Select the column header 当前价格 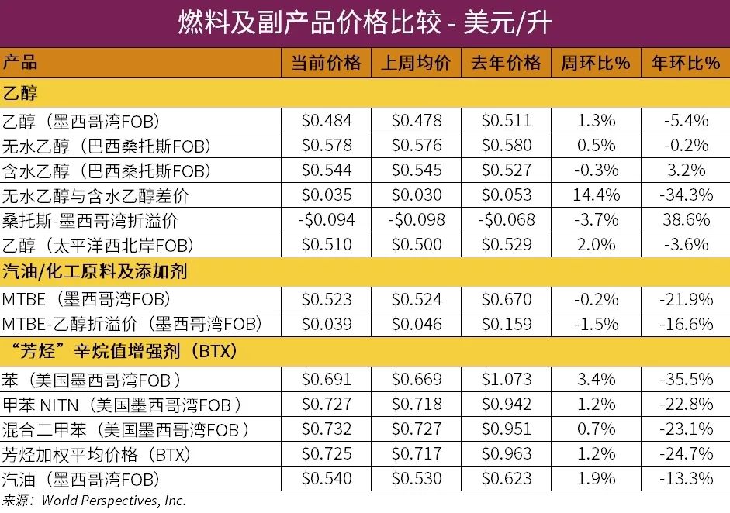point(326,63)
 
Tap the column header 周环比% point(596,63)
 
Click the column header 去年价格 point(506,63)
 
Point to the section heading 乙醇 point(20,93)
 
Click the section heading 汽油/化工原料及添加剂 point(95,271)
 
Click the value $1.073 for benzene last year point(506,380)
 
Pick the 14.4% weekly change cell point(596,195)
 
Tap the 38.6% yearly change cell point(686,220)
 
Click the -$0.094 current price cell point(326,220)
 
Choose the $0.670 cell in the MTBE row point(506,299)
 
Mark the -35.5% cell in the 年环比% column point(686,380)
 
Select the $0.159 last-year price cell point(506,324)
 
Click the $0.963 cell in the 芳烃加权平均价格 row point(506,454)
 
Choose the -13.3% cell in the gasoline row point(686,479)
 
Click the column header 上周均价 point(416,63)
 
